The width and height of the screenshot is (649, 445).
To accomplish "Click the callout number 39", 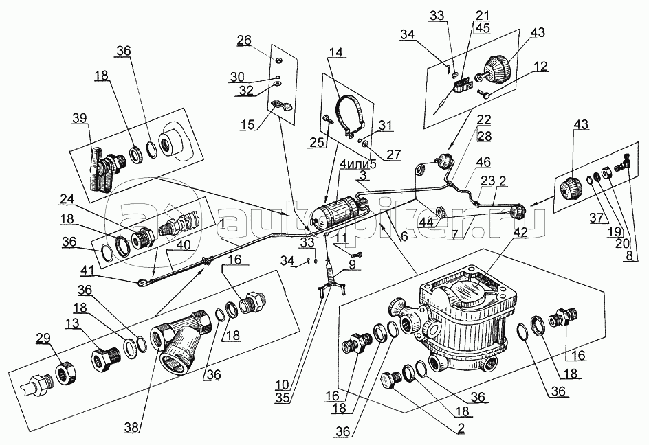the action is pyautogui.click(x=80, y=118).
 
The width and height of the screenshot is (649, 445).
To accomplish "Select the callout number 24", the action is pyautogui.click(x=66, y=199).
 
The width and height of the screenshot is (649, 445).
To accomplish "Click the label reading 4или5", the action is pyautogui.click(x=357, y=163).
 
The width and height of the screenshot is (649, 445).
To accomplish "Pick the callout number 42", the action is pyautogui.click(x=520, y=231).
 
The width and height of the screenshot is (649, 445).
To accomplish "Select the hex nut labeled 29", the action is pyautogui.click(x=65, y=373).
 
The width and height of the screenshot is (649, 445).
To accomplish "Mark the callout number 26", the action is pyautogui.click(x=244, y=40).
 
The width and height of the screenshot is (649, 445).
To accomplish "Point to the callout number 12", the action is pyautogui.click(x=540, y=66).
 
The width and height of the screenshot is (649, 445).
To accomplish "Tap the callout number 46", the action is pyautogui.click(x=483, y=161).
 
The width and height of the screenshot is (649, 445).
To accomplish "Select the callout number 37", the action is pyautogui.click(x=596, y=217).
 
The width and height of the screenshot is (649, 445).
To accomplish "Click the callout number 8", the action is pyautogui.click(x=629, y=255).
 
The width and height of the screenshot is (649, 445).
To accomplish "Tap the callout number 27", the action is pyautogui.click(x=394, y=154).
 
